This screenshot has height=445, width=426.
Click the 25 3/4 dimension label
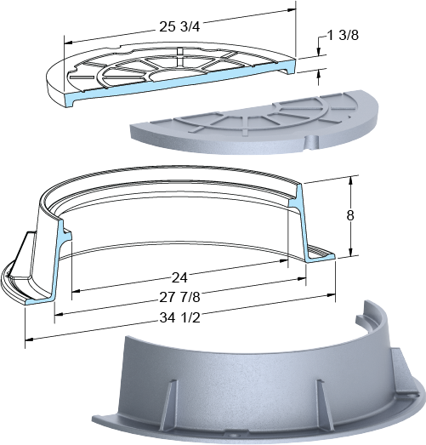click(179, 26)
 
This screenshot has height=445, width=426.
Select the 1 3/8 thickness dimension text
click(343, 35)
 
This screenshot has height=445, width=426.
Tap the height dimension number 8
click(350, 215)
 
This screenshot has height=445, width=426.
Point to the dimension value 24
click(179, 277)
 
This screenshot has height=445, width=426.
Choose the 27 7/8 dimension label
click(179, 297)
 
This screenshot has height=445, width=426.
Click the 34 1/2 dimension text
click(179, 318)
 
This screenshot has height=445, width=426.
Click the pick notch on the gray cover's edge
click(312, 141)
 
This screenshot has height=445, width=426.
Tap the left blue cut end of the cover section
click(70, 100)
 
